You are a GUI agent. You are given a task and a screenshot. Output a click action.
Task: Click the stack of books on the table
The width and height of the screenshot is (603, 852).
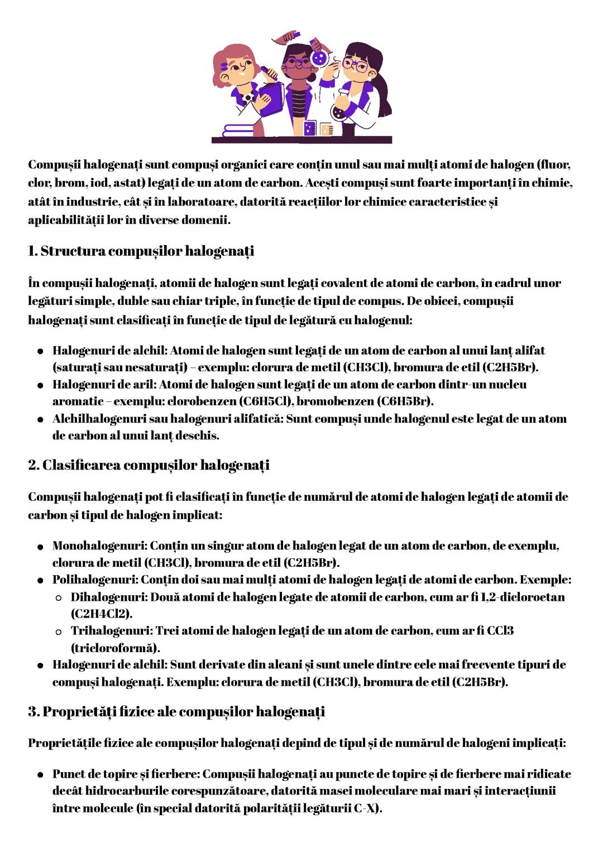(238, 130)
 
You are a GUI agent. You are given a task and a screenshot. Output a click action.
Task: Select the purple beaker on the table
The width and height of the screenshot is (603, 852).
(309, 128)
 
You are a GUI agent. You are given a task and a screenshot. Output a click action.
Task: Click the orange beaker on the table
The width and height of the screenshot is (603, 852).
(326, 128)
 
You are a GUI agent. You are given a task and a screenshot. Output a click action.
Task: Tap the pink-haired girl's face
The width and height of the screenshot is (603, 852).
(240, 69)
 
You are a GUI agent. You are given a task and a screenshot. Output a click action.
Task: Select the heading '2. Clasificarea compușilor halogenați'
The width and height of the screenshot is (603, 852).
(149, 465)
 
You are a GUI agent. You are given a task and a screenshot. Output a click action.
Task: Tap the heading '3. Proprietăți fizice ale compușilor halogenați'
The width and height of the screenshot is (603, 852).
(176, 712)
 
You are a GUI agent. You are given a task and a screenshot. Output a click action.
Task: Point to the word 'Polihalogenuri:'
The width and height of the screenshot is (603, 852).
(95, 580)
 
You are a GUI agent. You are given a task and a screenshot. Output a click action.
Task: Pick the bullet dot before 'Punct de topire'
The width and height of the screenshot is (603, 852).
(41, 775)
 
